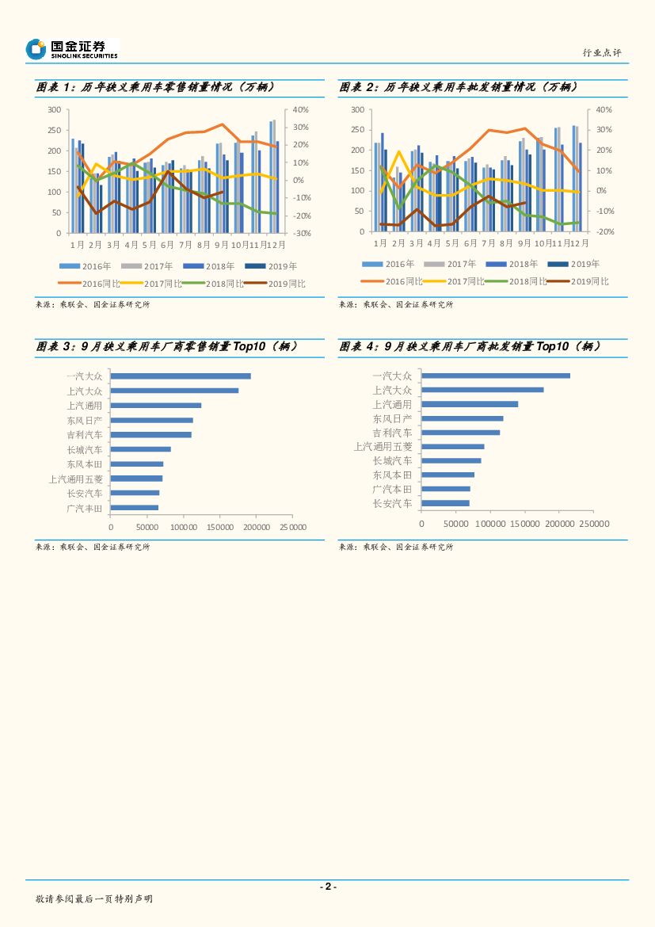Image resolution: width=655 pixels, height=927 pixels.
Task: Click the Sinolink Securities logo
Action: (71, 49)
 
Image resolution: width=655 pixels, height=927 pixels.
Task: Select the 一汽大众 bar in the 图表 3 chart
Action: (181, 376)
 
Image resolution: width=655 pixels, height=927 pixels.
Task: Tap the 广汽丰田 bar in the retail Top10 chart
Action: (135, 508)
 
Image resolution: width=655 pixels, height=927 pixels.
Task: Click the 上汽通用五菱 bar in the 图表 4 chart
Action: (452, 447)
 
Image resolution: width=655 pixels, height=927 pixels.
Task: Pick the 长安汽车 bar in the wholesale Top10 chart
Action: (445, 503)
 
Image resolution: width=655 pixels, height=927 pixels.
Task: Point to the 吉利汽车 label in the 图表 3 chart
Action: (85, 435)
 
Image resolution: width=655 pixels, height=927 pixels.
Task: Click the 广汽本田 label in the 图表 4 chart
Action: (393, 489)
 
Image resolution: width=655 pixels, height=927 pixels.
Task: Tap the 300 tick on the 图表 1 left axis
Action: (55, 109)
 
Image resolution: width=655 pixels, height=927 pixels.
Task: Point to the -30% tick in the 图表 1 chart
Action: (301, 233)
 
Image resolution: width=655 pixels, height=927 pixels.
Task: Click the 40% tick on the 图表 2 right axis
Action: (604, 109)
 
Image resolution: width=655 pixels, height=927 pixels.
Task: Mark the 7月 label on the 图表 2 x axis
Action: (489, 243)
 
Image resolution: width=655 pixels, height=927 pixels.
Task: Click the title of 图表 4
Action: (470, 346)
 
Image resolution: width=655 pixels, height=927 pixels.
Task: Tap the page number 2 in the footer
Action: (327, 887)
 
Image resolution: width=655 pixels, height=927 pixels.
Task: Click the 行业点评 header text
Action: (601, 52)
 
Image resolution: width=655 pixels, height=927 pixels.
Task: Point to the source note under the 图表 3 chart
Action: (93, 547)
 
